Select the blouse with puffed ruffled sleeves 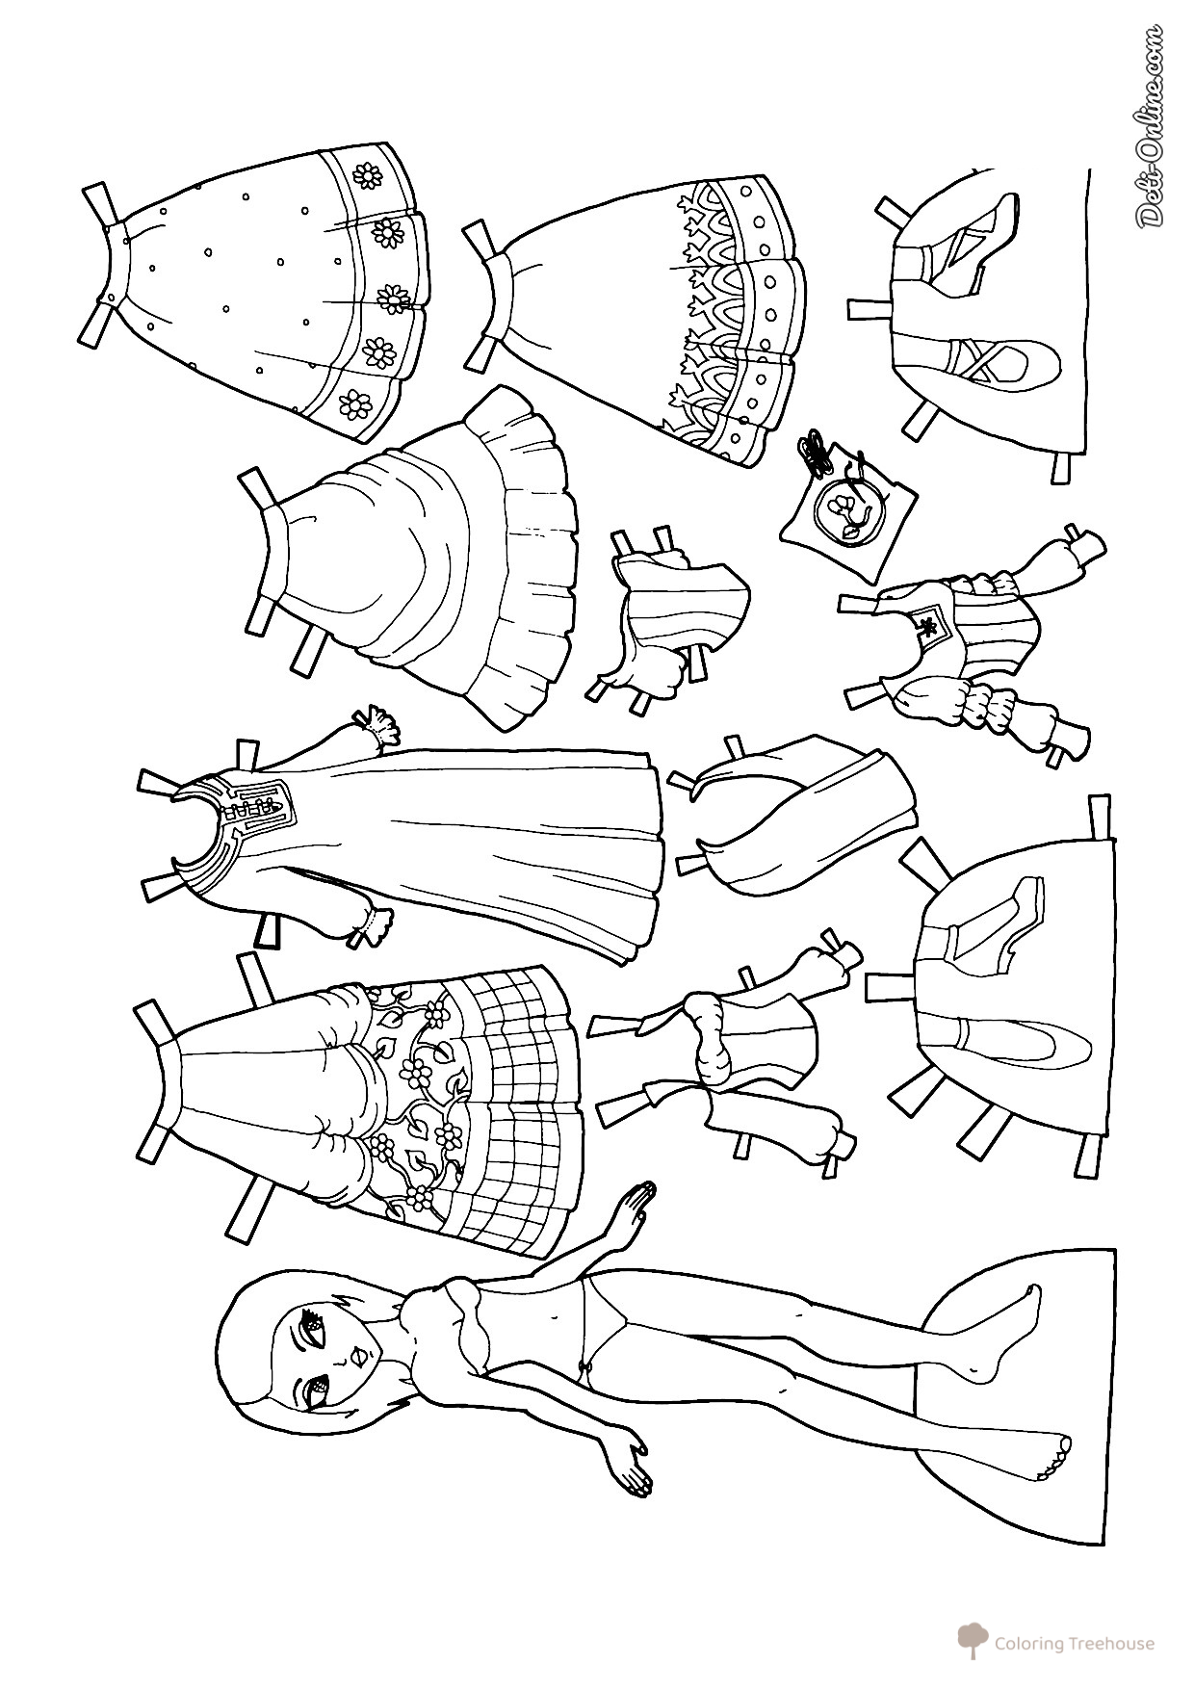click(x=963, y=639)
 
